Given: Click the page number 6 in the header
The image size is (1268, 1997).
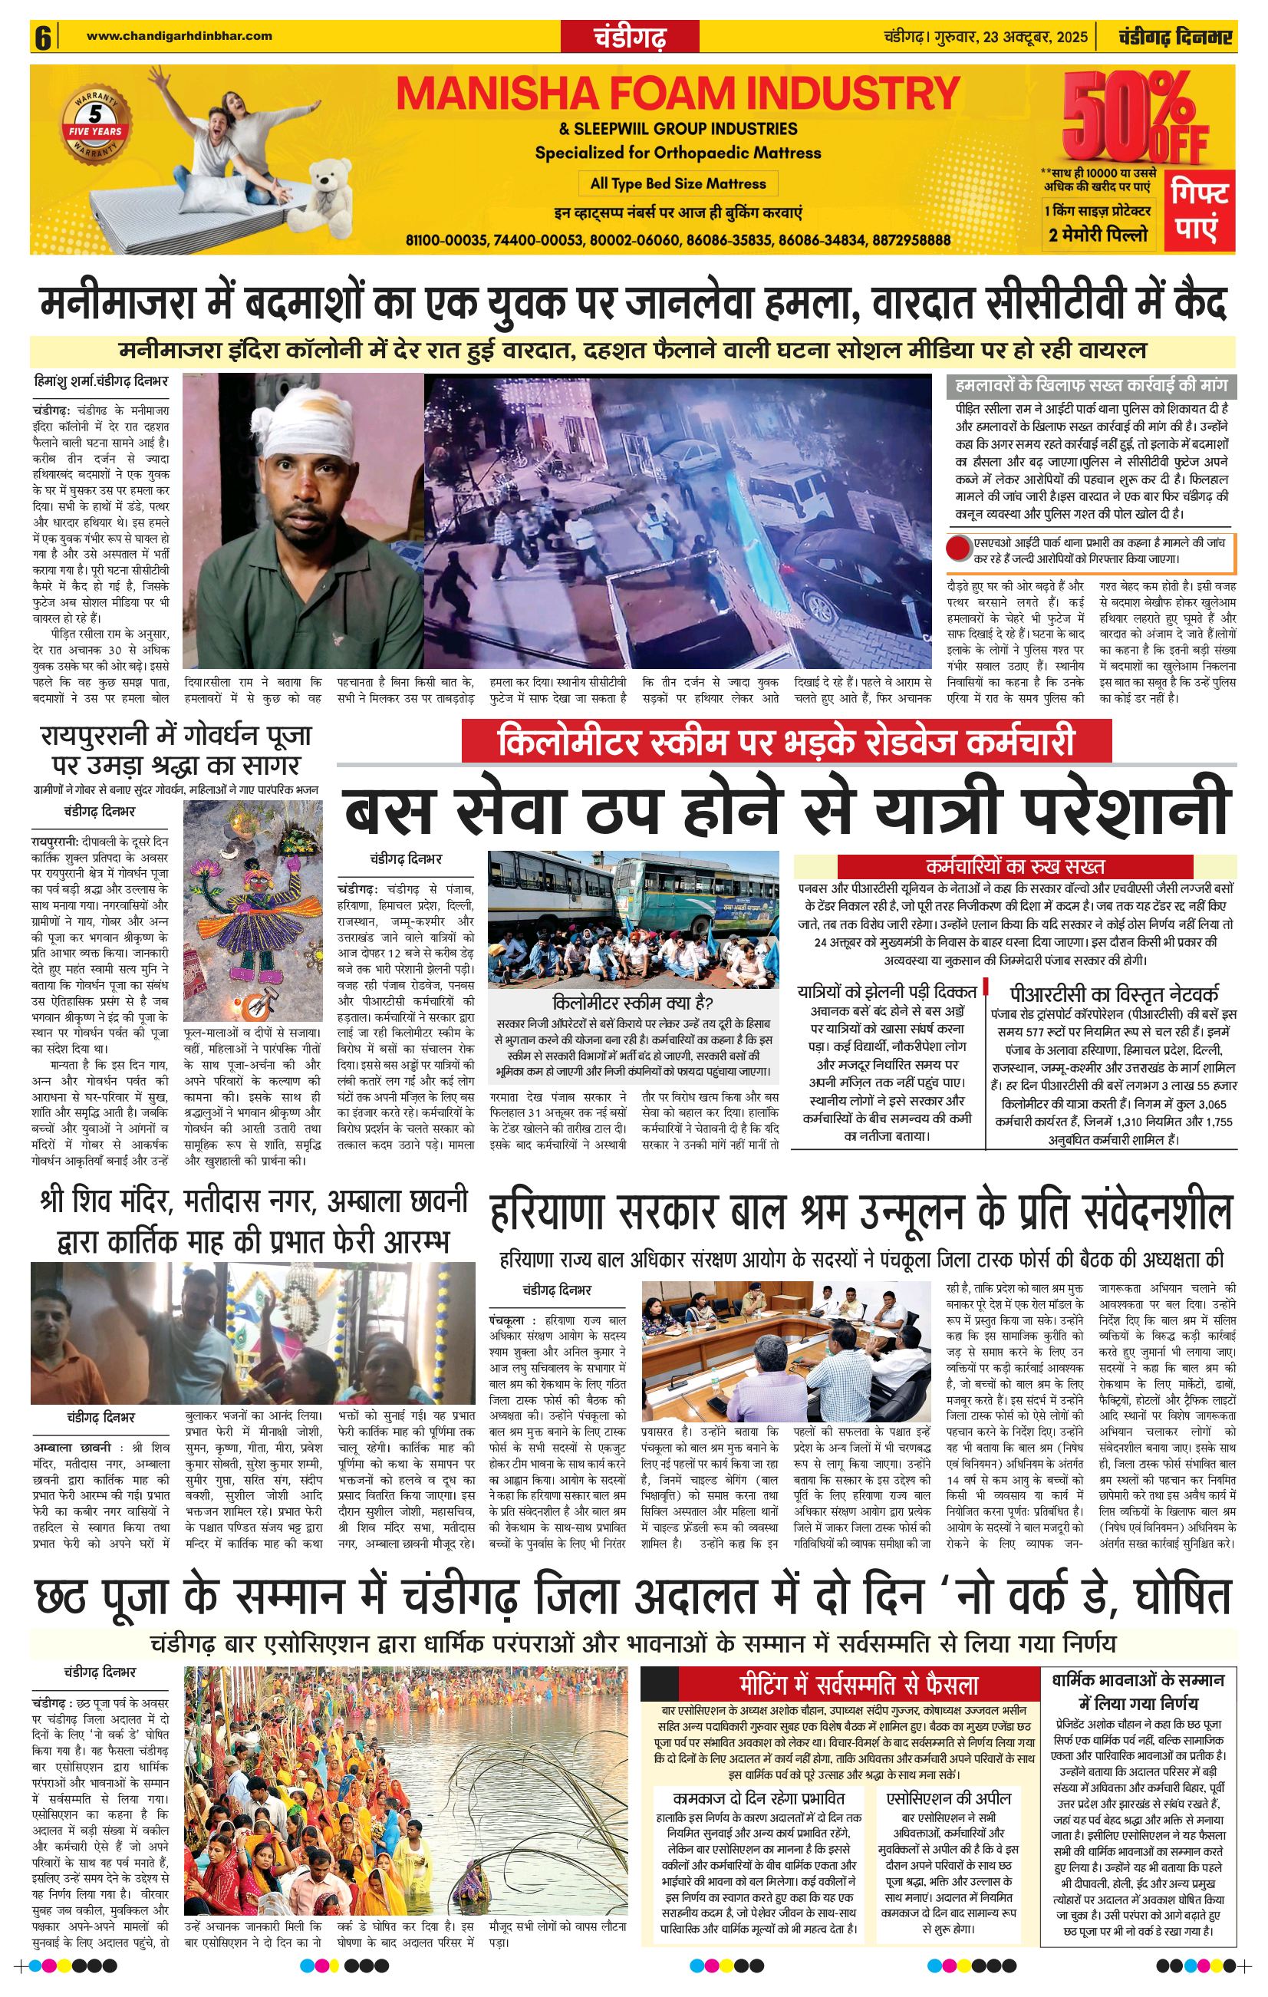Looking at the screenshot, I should point(42,38).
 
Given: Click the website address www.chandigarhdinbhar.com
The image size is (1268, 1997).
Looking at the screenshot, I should point(179,35).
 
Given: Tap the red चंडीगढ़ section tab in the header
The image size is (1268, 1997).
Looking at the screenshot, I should point(631,38).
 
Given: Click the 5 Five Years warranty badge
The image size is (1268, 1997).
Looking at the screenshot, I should point(95,124).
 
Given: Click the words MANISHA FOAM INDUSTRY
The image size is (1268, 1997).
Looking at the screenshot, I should point(677,94).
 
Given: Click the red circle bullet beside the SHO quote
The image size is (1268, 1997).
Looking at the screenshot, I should point(960,549).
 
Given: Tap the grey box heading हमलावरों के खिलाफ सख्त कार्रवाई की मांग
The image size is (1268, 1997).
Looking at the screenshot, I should point(1090,385).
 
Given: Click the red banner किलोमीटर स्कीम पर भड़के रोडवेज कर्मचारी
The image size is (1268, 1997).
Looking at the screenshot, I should point(786,740).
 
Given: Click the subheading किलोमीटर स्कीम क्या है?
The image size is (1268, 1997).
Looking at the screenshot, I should point(633,1002).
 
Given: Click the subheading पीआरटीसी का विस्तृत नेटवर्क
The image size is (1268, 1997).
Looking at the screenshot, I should point(1114,994).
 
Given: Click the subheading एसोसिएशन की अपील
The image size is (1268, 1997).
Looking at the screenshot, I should point(948,1798).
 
